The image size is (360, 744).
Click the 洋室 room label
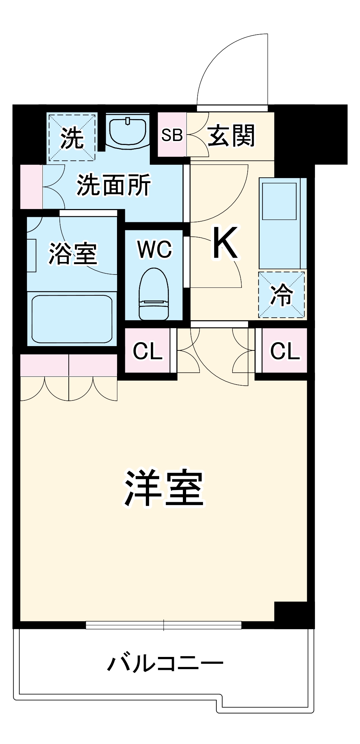tap(164, 488)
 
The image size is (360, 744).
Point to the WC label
tap(155, 249)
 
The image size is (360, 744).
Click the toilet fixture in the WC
tap(154, 294)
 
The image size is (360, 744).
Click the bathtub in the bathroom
tap(72, 319)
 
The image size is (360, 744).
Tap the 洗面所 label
tap(113, 185)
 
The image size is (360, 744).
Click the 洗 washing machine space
tap(72, 138)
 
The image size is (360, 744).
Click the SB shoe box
tap(172, 135)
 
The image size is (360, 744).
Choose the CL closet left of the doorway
tap(148, 351)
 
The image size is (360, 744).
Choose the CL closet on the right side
tap(285, 351)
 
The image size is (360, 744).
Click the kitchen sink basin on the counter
tap(279, 201)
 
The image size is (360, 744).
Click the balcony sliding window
tap(163, 625)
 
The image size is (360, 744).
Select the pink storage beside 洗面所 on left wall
tap(31, 187)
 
